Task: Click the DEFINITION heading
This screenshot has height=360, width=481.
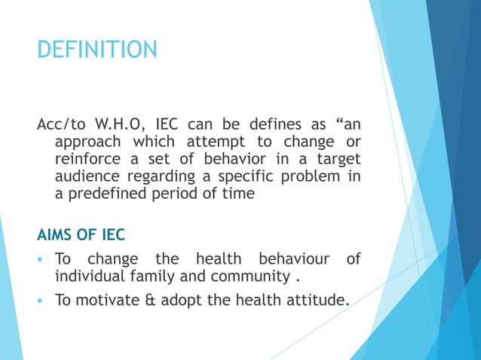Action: [97, 50]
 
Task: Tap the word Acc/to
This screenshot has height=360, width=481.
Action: [62, 124]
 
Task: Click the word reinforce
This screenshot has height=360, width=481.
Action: [88, 159]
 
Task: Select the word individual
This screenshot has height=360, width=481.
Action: [89, 276]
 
